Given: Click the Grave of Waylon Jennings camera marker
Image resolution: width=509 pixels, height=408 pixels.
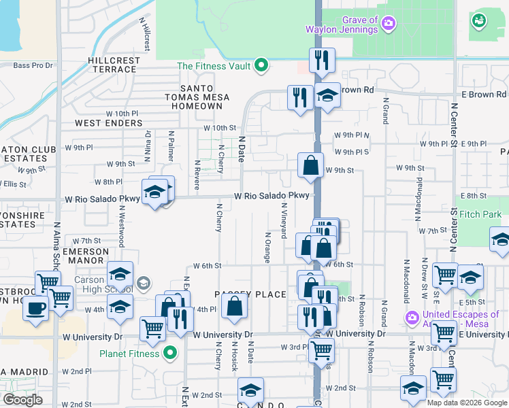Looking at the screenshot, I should click(389, 24).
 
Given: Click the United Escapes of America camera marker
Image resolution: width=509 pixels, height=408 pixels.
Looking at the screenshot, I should click(410, 318).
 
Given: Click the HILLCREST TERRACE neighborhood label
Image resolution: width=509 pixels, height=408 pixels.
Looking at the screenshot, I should click(114, 65).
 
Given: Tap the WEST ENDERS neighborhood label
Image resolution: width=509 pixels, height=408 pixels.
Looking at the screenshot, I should click(109, 123).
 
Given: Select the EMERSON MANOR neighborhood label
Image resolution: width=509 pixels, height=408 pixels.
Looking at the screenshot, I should click(86, 256).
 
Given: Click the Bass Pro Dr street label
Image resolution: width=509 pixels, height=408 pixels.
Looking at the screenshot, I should click(33, 65).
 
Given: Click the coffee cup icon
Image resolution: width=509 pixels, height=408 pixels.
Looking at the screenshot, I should click(35, 308).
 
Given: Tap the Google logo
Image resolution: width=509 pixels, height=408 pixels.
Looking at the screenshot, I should click(22, 400).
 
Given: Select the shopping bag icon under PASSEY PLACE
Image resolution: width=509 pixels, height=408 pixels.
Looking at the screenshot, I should click(234, 308).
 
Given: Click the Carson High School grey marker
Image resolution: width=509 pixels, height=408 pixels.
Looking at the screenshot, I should click(143, 283).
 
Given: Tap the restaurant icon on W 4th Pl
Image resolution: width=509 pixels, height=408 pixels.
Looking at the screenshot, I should click(180, 319).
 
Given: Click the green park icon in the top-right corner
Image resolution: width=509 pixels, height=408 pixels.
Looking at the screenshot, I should click(479, 21).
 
